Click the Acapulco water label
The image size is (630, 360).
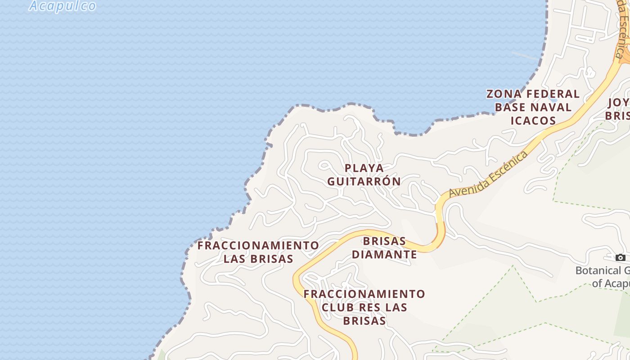63,5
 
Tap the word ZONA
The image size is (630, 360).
504,94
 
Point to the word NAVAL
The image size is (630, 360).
550,107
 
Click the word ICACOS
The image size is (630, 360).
533,121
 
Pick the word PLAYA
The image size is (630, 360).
364,168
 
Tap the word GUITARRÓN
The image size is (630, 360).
364,181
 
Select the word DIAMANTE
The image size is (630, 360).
384,254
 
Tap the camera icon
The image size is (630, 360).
621,257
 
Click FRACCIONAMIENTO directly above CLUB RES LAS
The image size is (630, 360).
364,294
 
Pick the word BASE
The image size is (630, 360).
510,107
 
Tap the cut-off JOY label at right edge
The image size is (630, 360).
619,103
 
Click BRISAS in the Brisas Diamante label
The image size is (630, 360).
384,241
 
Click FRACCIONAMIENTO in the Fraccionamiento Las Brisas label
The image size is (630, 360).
258,246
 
